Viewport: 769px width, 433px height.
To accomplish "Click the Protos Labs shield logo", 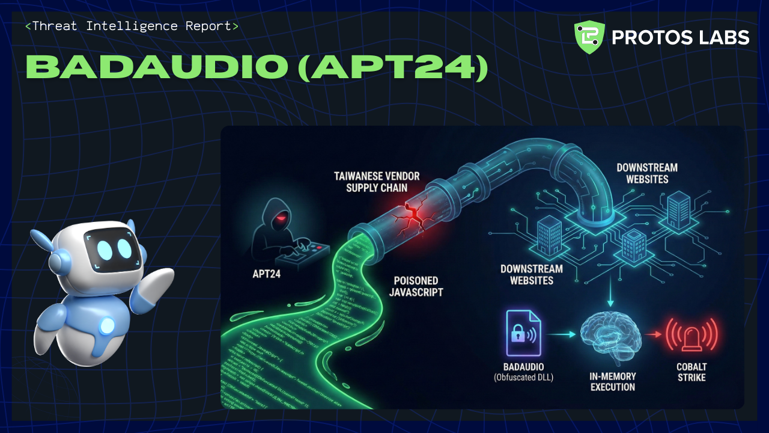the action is [x=589, y=37].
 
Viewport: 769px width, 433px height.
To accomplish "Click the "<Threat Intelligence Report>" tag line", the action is [x=132, y=26].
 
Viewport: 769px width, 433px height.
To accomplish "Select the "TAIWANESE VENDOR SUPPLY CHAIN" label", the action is [x=377, y=182].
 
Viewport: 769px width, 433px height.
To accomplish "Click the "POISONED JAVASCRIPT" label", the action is [x=416, y=286].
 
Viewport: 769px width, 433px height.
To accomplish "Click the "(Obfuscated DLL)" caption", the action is [x=524, y=378].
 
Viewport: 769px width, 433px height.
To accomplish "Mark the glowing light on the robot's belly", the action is [x=108, y=325].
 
